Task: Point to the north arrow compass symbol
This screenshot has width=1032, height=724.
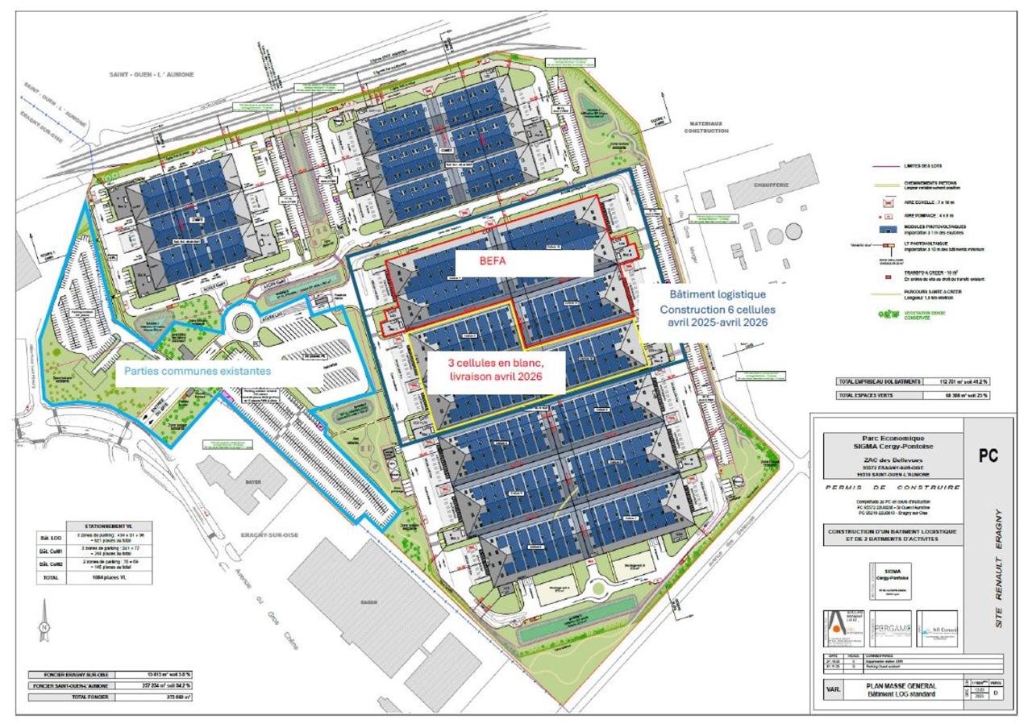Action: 45,626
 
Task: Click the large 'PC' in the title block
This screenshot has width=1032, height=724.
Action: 988,456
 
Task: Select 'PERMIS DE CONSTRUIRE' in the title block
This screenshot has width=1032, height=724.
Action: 893,487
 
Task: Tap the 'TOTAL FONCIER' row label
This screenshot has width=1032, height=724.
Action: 71,697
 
